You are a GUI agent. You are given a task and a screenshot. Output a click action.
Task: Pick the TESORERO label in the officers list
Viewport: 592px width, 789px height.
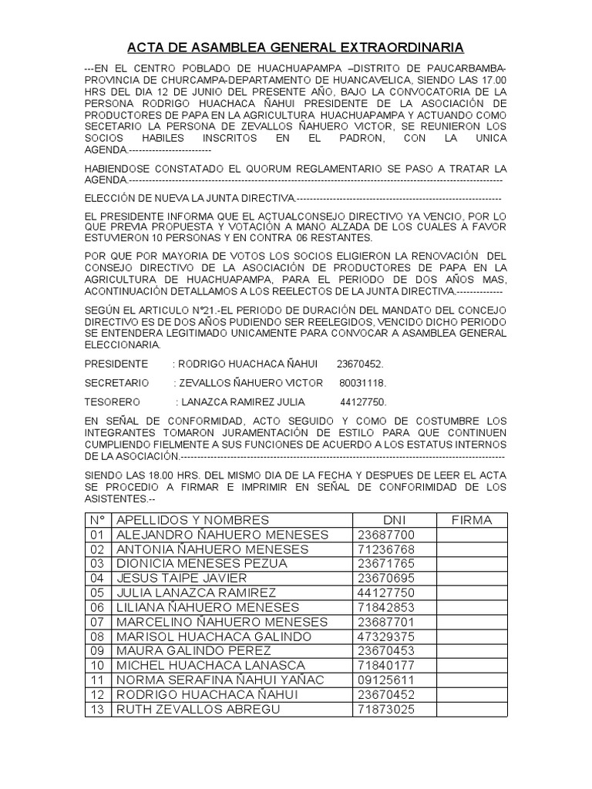click(113, 401)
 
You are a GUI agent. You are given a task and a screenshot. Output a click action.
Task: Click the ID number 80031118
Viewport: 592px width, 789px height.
click(362, 382)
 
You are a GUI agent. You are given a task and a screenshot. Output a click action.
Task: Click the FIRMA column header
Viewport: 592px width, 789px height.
click(472, 520)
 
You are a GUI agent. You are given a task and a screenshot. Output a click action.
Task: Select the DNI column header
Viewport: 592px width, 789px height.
click(394, 520)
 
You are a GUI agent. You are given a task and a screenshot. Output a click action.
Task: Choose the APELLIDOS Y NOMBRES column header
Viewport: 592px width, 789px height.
click(193, 520)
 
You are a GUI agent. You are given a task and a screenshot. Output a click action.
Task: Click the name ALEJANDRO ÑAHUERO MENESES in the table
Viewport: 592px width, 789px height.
click(222, 535)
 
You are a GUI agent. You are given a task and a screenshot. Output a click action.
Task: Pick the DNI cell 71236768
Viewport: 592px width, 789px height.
click(386, 549)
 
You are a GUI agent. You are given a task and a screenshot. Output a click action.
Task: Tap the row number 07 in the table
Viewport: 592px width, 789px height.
click(96, 621)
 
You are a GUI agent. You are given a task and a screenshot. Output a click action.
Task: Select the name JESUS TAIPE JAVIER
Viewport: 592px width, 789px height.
click(181, 578)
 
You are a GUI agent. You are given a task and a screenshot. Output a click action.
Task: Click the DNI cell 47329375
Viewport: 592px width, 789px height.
click(386, 636)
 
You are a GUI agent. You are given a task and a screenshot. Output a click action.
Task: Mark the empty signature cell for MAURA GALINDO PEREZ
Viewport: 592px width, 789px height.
click(472, 650)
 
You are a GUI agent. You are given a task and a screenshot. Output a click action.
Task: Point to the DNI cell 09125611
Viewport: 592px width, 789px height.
click(386, 679)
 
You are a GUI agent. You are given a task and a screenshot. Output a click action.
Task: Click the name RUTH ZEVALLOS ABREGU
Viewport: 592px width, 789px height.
click(197, 708)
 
